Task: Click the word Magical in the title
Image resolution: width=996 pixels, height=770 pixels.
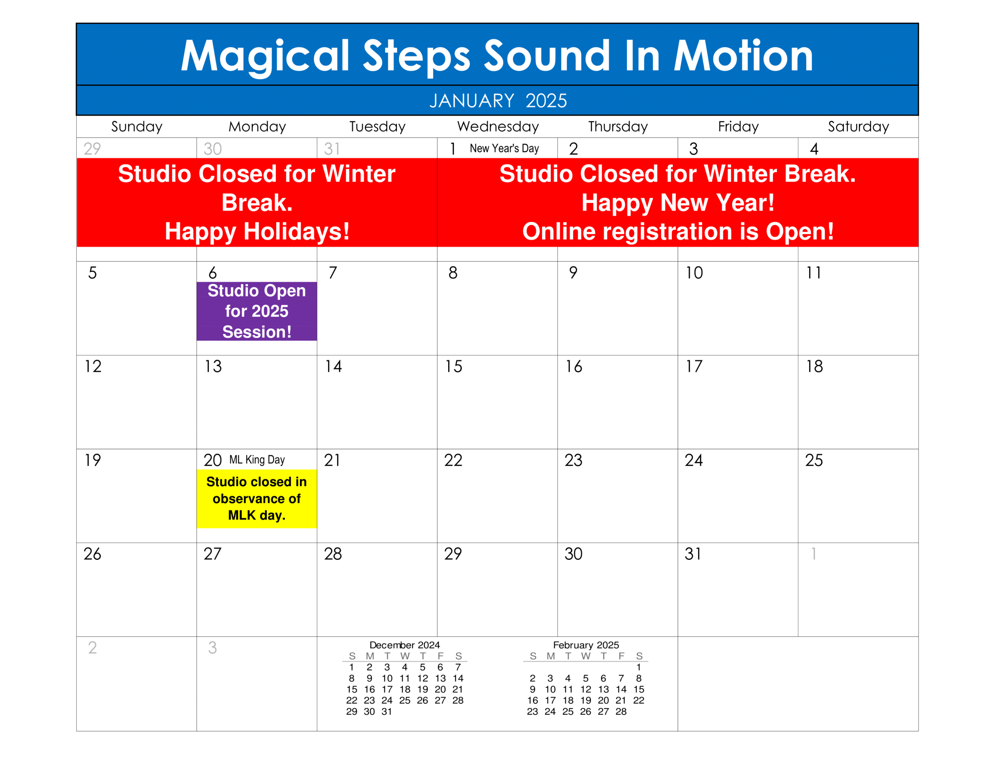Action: click(265, 56)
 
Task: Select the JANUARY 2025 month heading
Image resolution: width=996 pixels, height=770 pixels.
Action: click(498, 101)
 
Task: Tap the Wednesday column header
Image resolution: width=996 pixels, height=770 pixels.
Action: click(498, 127)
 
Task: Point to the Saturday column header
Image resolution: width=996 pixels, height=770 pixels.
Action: click(858, 127)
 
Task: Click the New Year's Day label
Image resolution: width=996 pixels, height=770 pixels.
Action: click(504, 148)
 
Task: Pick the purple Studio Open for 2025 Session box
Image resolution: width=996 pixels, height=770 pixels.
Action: click(257, 311)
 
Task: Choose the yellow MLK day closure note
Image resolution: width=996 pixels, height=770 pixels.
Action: click(257, 499)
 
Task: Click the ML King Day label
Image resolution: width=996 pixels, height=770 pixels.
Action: click(257, 460)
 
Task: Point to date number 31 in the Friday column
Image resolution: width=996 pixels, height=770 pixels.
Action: click(693, 554)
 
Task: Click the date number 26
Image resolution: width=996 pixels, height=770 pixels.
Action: click(93, 554)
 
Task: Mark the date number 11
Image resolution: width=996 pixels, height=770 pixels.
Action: click(814, 273)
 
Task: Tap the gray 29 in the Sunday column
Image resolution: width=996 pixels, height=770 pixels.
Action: click(92, 149)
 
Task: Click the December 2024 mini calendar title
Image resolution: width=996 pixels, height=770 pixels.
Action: click(405, 645)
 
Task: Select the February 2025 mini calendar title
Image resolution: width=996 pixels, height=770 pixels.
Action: click(586, 645)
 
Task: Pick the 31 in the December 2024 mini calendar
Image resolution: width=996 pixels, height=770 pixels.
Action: click(387, 712)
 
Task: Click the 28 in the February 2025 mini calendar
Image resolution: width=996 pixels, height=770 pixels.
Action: click(621, 712)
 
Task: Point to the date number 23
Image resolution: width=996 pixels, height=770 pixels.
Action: click(573, 460)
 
